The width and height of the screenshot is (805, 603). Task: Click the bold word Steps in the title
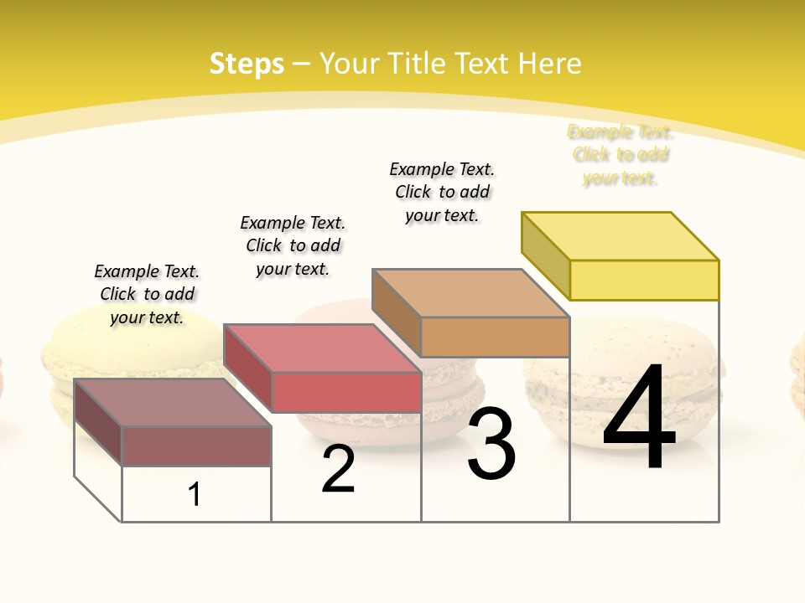tap(247, 64)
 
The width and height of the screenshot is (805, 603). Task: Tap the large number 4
tap(639, 419)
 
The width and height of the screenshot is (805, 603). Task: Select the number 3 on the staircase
tap(491, 444)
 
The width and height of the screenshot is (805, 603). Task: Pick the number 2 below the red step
tap(338, 470)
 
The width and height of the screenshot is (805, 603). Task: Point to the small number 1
tap(194, 494)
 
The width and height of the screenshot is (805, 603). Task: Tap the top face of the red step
tap(322, 348)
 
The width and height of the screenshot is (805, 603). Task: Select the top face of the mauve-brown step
tap(173, 403)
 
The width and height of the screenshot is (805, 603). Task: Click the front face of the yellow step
tap(644, 280)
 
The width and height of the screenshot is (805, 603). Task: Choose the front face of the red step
tap(346, 392)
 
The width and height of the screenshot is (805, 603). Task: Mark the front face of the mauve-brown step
tap(196, 446)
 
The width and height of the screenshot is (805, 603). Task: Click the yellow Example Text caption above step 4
tap(621, 155)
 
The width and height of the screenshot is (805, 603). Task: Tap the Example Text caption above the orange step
tap(442, 192)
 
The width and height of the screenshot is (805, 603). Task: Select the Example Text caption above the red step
tap(293, 245)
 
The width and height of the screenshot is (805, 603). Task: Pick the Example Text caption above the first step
tap(147, 294)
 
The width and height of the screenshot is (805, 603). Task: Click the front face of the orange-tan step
tap(495, 337)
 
